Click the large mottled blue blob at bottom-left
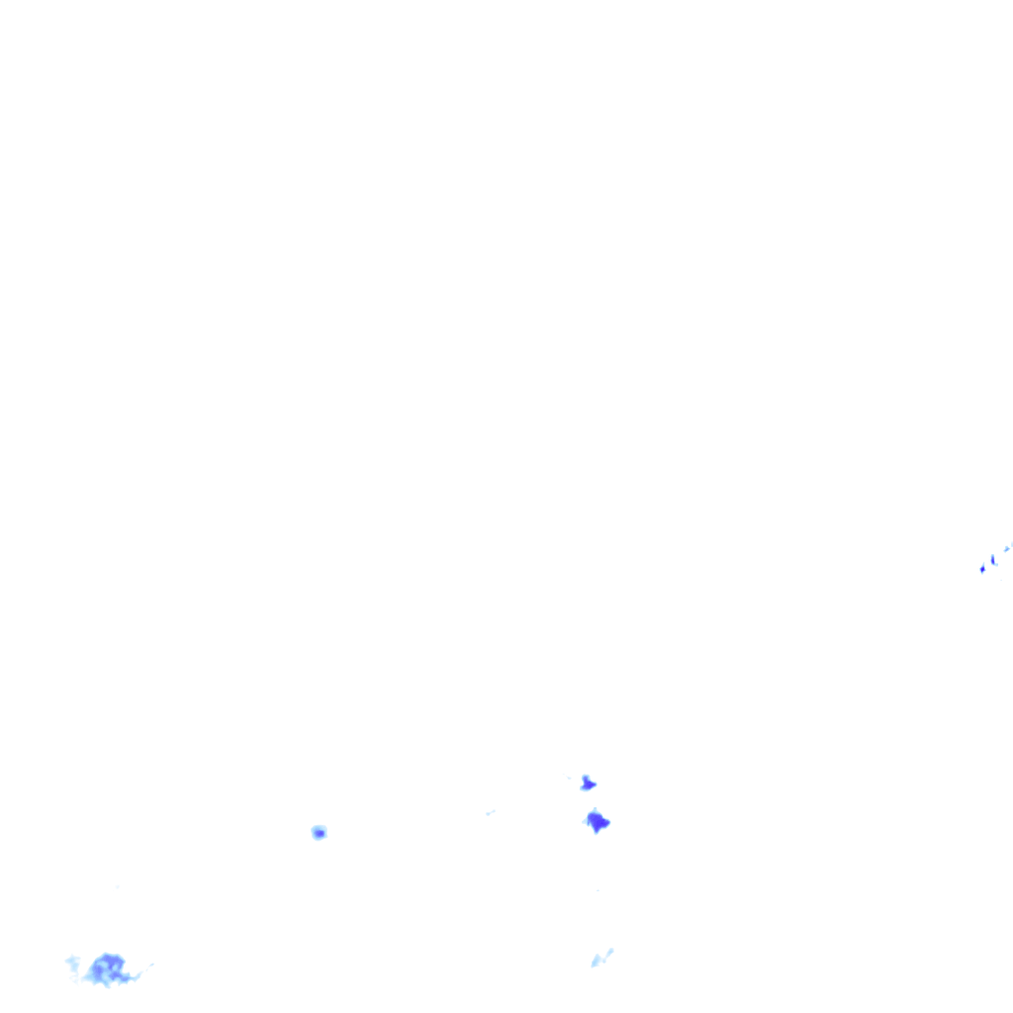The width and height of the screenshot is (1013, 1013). pyautogui.click(x=107, y=968)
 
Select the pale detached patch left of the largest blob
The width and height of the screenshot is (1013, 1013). pyautogui.click(x=72, y=962)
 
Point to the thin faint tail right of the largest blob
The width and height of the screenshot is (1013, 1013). pyautogui.click(x=145, y=967)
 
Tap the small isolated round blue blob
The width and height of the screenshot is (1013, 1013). pyautogui.click(x=319, y=832)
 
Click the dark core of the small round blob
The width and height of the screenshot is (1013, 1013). pyautogui.click(x=319, y=833)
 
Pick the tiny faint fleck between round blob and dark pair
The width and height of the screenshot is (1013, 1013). pyautogui.click(x=490, y=813)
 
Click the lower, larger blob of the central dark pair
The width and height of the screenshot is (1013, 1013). pyautogui.click(x=597, y=821)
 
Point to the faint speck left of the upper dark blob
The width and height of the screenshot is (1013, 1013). pyautogui.click(x=570, y=778)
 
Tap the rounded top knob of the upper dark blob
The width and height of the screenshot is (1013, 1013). pyautogui.click(x=586, y=778)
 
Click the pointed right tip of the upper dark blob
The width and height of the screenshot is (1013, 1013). pyautogui.click(x=595, y=785)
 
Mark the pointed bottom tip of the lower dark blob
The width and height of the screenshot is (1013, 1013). pyautogui.click(x=597, y=831)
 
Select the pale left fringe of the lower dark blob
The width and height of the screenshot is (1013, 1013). pyautogui.click(x=586, y=819)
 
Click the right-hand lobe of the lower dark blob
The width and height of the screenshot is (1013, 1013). pyautogui.click(x=605, y=822)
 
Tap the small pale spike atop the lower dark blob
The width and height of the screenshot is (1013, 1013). pyautogui.click(x=594, y=811)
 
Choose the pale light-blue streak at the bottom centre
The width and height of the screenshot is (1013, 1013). pyautogui.click(x=600, y=958)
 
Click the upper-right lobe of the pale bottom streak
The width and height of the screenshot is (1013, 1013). pyautogui.click(x=608, y=952)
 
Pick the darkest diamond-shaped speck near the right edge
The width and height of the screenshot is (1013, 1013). pyautogui.click(x=982, y=569)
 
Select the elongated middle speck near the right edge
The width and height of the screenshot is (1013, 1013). pyautogui.click(x=993, y=560)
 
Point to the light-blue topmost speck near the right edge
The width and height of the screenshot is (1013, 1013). pyautogui.click(x=1007, y=548)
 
